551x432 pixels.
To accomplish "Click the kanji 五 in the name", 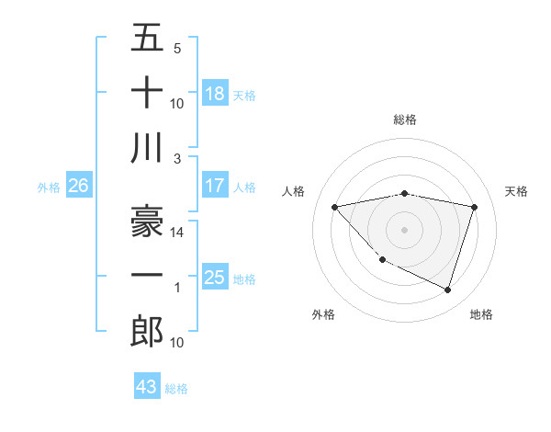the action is point(147,40).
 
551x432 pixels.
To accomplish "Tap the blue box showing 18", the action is point(215,94).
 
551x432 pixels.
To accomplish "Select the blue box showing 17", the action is point(215,186).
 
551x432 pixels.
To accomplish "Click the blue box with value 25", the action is point(215,278).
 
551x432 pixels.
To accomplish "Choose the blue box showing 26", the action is point(78,186).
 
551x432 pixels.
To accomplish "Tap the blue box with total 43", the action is point(147,387).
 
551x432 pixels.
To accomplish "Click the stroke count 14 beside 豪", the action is point(177,233).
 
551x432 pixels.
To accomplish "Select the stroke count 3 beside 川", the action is point(178,158).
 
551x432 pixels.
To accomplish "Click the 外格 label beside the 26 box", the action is point(49,188).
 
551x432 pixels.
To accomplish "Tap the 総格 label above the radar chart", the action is point(404,119).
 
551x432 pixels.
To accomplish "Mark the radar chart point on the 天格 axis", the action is point(475,207).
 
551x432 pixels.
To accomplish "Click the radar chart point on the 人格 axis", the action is point(334,207).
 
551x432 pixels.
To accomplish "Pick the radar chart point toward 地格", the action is point(447,290).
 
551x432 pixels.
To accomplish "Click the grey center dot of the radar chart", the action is point(404,229).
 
